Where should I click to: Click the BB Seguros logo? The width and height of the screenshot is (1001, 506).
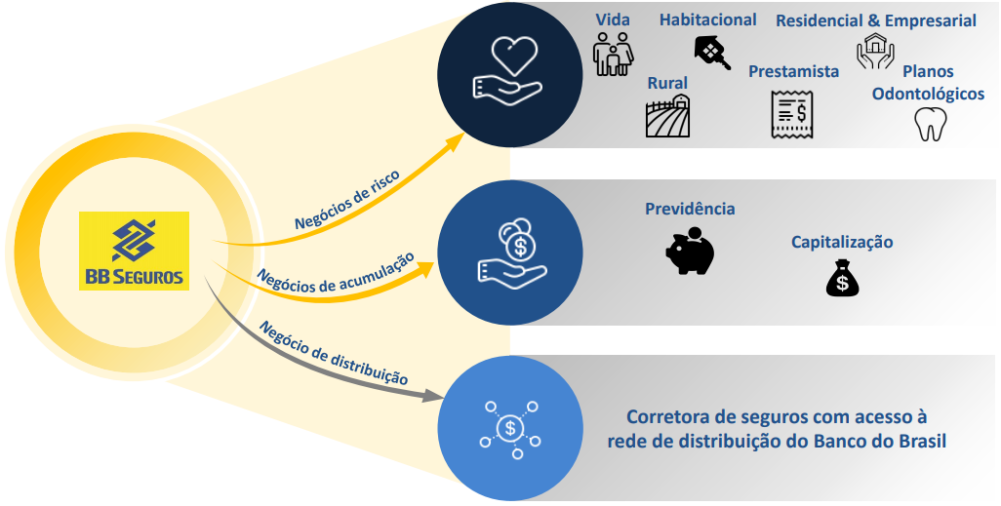[x=134, y=251]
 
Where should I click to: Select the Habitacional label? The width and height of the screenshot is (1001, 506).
[x=707, y=19]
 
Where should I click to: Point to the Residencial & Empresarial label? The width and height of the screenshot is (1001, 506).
[x=875, y=19]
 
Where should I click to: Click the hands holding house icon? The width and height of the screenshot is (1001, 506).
[x=875, y=53]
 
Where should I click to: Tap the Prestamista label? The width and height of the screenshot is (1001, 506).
[x=793, y=71]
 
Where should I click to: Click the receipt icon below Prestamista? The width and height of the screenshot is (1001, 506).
[x=791, y=114]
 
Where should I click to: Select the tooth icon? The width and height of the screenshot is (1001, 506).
[x=930, y=124]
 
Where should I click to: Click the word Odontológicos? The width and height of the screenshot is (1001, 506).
[x=928, y=95]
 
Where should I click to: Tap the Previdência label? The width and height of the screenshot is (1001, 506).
[x=690, y=209]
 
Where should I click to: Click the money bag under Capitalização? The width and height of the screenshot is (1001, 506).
[x=842, y=278]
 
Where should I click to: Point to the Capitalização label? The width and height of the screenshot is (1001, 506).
[x=842, y=242]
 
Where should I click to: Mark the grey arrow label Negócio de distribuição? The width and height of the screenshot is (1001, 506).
[x=334, y=352]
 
